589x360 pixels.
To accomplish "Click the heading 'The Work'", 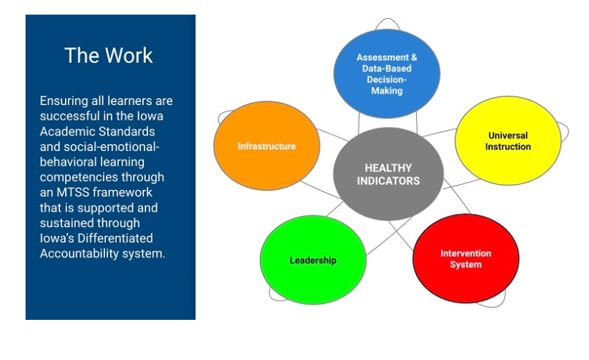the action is (x=109, y=55).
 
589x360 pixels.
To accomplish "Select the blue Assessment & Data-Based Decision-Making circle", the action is (x=387, y=74).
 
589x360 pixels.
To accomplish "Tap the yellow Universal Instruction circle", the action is (x=508, y=140).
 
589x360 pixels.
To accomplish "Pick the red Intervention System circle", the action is (x=466, y=258).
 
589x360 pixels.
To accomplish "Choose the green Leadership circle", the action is (x=313, y=260).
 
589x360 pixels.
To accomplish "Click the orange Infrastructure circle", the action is (x=266, y=146).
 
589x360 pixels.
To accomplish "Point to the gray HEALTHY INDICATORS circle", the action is (x=388, y=174).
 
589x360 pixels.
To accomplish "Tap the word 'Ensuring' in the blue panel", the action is (x=63, y=101).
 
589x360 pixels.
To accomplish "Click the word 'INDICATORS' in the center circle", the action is (x=388, y=181).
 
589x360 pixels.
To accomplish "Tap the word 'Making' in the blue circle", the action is (x=387, y=91).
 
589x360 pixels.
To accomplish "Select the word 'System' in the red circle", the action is (x=466, y=264).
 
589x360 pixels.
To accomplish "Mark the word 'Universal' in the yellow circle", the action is (x=508, y=135).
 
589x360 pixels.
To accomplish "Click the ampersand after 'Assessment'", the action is (x=414, y=58).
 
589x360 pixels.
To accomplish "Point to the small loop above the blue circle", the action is (x=388, y=19).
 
